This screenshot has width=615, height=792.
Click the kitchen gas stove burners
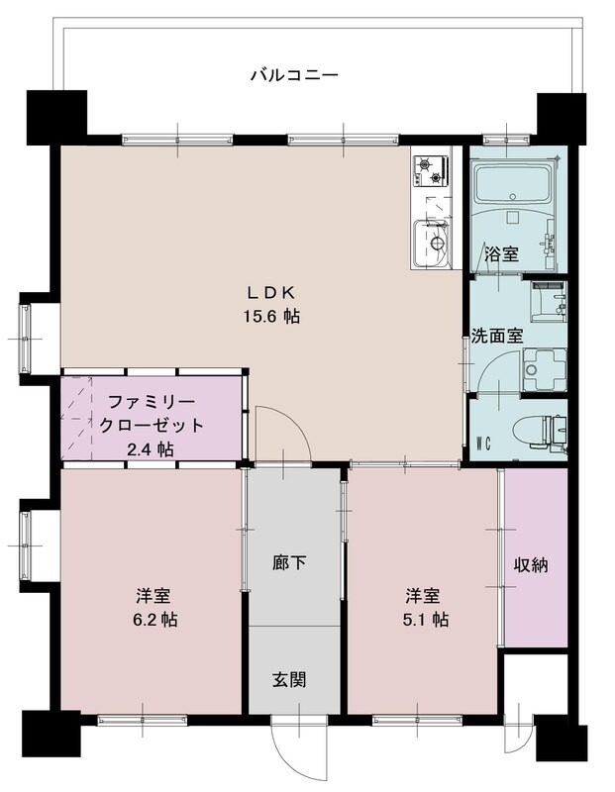432,171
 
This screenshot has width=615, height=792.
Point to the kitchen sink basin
433,242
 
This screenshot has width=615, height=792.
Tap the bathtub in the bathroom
512,185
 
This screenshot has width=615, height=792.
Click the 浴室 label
500,254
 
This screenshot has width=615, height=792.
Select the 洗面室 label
496,336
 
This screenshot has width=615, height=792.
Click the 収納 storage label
531,565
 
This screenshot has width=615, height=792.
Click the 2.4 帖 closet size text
152,448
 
